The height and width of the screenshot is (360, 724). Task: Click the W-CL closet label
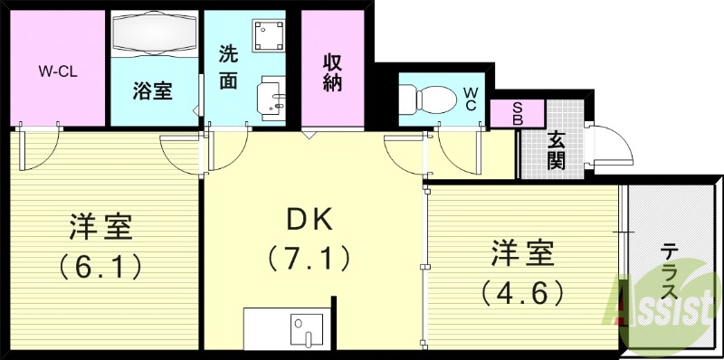point(57,71)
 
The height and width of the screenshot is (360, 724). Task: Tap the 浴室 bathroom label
point(153,90)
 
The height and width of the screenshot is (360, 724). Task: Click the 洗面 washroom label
point(228,67)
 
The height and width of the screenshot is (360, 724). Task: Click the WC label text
point(471,99)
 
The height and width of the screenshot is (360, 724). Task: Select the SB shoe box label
point(517,113)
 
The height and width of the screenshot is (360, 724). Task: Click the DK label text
point(310,219)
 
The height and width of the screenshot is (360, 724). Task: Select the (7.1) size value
point(309,260)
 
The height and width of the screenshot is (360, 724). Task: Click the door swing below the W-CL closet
point(37,149)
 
